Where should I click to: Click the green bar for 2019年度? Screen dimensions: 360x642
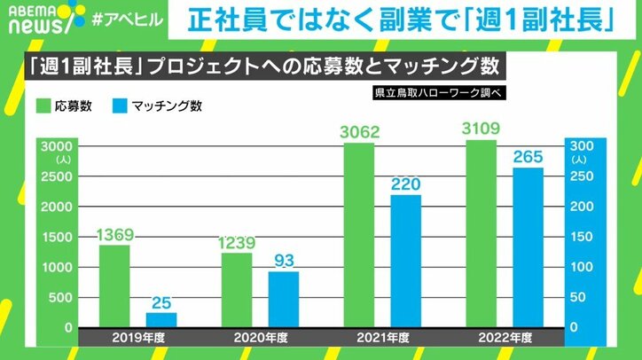coord(114,286)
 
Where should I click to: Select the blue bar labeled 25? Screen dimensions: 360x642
coord(161,319)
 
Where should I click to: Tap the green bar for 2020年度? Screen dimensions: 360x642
coord(236,290)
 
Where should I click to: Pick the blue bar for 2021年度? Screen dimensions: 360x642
coord(406,261)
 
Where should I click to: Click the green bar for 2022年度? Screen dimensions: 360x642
coord(481,233)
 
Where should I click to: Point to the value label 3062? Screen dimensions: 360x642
coord(358,133)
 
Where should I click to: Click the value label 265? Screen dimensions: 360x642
coord(528,157)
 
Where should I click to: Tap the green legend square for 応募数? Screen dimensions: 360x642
coord(43,106)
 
